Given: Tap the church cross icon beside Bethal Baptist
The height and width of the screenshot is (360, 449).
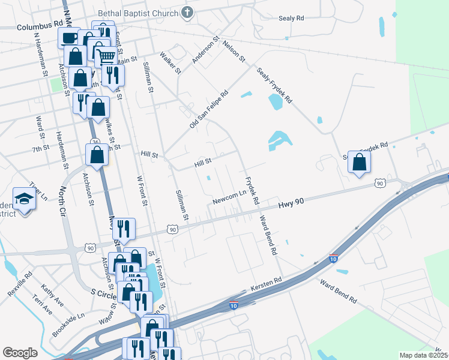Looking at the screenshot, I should point(187,13).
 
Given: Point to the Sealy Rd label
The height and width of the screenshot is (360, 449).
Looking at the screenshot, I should point(291,19).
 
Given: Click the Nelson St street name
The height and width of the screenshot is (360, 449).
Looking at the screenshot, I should point(234,51).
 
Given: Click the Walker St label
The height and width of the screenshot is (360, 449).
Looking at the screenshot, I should point(170,63).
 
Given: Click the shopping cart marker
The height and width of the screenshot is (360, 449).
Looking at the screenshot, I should point(106,56).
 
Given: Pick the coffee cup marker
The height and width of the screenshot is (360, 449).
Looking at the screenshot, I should point(69,37).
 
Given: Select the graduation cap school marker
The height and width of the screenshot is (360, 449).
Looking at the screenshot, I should point(24,199).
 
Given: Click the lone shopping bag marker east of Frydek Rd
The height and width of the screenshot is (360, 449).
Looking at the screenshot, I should point(359,161).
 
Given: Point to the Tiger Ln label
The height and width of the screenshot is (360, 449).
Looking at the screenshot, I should point(38,193).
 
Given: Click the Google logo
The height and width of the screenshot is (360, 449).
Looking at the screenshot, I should point(20,352).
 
